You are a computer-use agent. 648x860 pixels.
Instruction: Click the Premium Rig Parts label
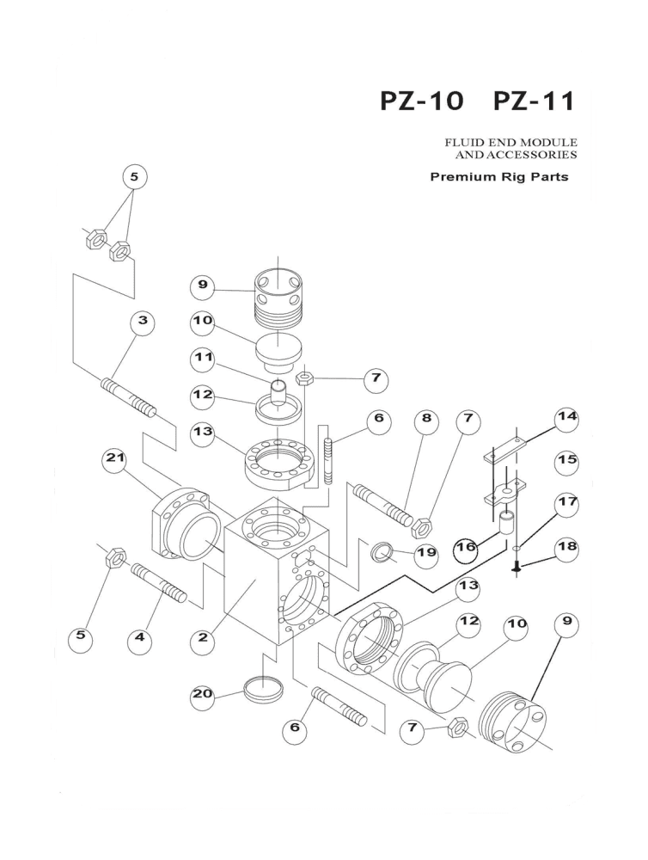pyautogui.click(x=499, y=178)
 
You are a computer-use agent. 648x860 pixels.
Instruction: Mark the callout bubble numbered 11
pyautogui.click(x=205, y=356)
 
